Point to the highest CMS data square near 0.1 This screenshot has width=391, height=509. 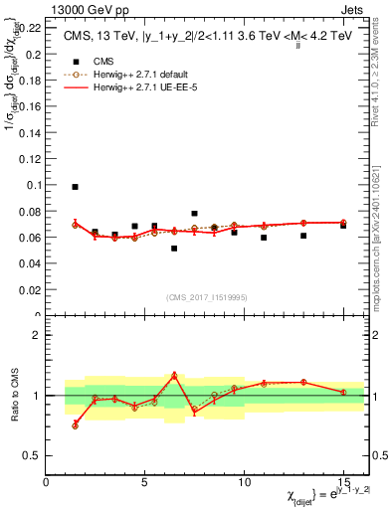click(x=75, y=187)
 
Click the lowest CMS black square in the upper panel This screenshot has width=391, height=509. click(x=174, y=249)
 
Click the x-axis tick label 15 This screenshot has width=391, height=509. click(x=343, y=482)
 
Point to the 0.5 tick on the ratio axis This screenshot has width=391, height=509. click(x=32, y=455)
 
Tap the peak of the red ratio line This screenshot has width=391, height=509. click(x=174, y=375)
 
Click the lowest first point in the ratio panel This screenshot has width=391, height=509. click(x=75, y=424)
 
